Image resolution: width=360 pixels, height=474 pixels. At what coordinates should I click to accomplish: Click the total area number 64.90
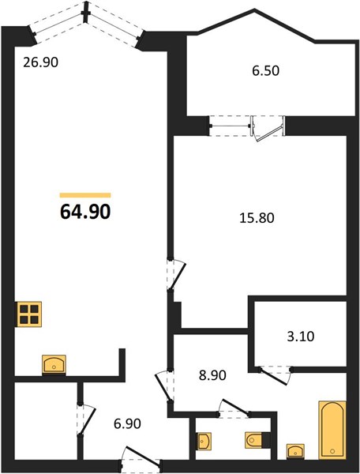click(85, 212)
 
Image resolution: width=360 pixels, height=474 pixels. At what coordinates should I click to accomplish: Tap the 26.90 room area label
click(41, 62)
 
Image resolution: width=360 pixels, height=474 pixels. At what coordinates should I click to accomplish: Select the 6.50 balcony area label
click(266, 71)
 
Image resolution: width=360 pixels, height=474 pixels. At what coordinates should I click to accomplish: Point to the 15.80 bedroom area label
click(257, 218)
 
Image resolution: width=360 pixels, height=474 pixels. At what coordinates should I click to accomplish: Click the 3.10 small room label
click(301, 337)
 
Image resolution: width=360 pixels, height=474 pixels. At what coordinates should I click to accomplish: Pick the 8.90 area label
click(212, 375)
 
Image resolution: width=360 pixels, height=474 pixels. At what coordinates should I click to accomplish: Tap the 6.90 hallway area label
click(127, 423)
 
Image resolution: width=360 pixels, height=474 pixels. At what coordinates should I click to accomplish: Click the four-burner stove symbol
click(29, 314)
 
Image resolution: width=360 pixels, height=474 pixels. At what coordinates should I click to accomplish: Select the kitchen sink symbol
click(54, 364)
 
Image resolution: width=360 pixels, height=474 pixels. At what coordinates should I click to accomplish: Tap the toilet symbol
click(257, 440)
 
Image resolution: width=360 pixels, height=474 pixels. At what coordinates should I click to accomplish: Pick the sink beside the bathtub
click(295, 451)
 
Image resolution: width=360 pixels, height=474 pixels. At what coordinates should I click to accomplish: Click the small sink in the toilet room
click(204, 441)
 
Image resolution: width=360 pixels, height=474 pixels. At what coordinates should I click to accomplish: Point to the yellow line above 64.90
click(85, 195)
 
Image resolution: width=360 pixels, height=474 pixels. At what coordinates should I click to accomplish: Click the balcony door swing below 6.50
click(268, 130)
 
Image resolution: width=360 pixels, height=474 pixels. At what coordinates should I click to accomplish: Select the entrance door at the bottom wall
click(141, 457)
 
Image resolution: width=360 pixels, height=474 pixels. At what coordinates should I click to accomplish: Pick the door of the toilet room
click(234, 408)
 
